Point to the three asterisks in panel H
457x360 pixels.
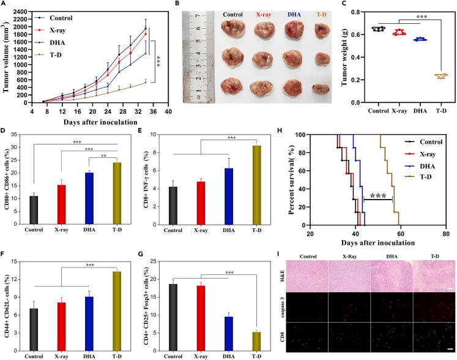click(x=377, y=196)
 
